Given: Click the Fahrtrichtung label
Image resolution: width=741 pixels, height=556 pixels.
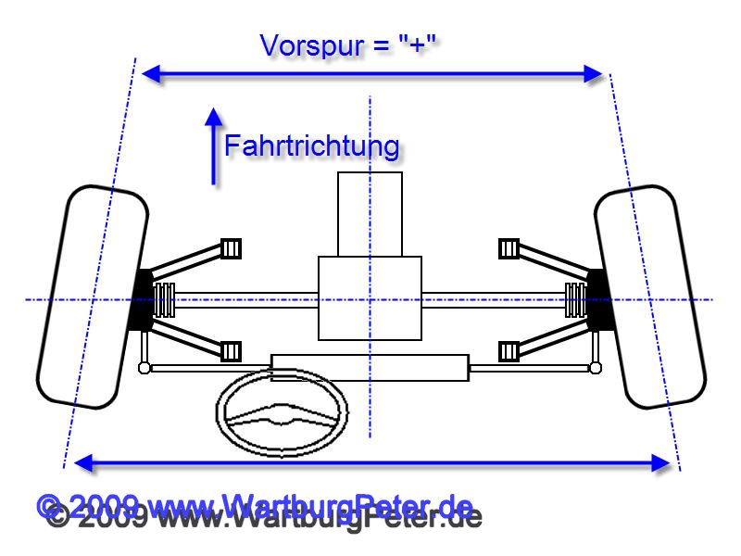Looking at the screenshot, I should click(312, 146).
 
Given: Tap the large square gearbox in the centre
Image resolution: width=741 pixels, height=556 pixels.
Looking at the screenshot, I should click(370, 297).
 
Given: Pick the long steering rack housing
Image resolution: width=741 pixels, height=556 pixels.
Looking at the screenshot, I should click(370, 367).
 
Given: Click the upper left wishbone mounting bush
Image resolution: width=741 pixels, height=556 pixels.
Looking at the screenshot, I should click(232, 248).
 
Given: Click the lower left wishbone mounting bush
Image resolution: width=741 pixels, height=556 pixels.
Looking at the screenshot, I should click(232, 350).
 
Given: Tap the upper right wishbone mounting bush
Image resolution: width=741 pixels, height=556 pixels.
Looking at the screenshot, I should click(508, 248).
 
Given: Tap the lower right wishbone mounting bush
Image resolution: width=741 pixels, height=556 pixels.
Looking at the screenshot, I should click(508, 350).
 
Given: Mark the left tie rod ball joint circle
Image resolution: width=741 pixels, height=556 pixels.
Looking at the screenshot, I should click(144, 368).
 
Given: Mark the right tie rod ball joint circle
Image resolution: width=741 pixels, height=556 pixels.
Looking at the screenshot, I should click(596, 368).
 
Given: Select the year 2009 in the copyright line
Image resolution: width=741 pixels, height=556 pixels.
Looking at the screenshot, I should click(103, 507).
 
